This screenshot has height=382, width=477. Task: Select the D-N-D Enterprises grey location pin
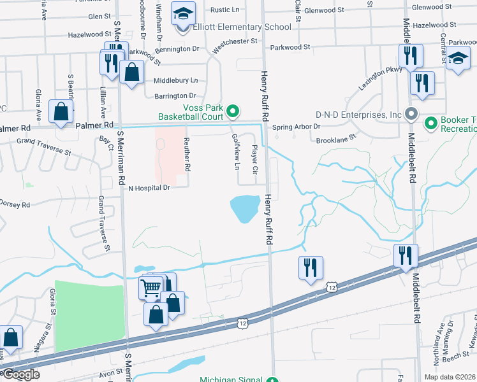(x=411, y=115)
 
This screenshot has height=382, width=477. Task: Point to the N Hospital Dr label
(x=150, y=188)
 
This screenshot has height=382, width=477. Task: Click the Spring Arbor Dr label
(x=297, y=127)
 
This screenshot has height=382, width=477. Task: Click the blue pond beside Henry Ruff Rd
(x=244, y=208)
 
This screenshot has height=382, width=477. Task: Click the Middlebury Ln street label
(x=176, y=81)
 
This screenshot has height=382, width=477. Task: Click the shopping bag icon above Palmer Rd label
(x=61, y=112)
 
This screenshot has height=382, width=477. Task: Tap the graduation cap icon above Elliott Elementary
(x=183, y=12)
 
